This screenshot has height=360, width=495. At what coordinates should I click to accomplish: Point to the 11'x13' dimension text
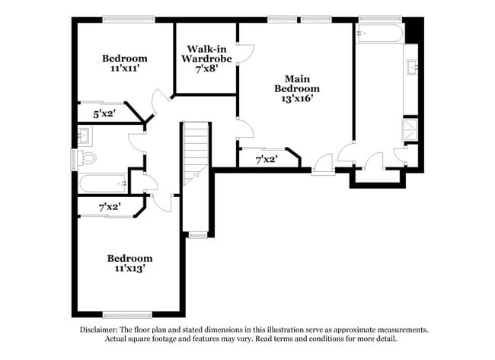[129, 268]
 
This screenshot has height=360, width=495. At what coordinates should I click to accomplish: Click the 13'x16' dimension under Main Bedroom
[296, 97]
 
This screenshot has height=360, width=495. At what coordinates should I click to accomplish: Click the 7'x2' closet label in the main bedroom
[265, 159]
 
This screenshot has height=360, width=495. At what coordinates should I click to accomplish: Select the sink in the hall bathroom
[85, 137]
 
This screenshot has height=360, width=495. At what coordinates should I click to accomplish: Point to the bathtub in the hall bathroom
[103, 183]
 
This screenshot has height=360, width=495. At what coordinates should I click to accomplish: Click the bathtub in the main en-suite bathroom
[379, 33]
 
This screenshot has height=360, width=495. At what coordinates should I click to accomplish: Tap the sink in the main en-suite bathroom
[411, 68]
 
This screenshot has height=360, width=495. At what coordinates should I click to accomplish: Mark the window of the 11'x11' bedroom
[124, 19]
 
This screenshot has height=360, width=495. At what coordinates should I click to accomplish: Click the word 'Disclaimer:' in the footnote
[102, 330]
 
